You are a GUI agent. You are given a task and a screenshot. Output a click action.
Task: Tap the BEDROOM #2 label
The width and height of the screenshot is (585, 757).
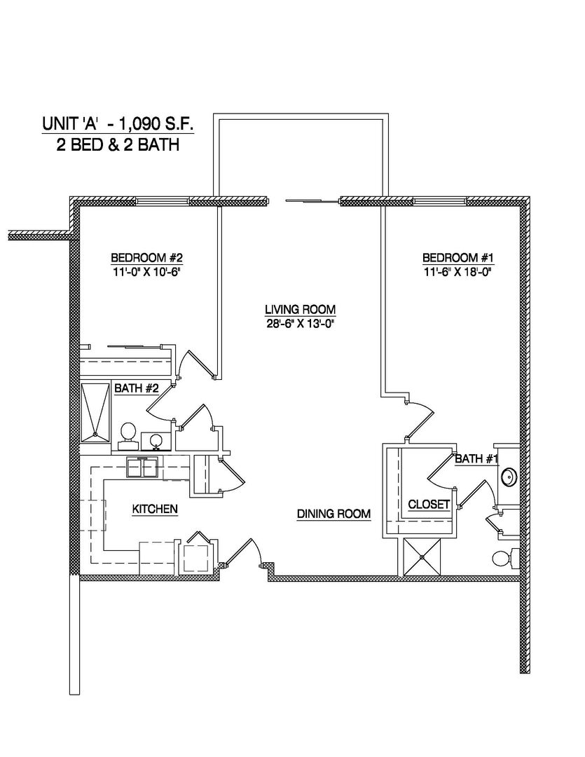click(x=147, y=257)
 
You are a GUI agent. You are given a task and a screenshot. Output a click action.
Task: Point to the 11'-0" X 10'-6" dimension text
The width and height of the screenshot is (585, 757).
click(x=147, y=271)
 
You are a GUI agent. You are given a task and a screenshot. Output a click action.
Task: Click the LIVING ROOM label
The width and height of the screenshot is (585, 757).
click(x=300, y=309)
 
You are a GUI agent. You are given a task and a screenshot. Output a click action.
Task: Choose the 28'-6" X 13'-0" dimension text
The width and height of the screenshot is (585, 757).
click(x=300, y=322)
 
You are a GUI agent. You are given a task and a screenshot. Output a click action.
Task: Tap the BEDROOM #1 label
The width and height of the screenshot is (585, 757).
click(x=455, y=257)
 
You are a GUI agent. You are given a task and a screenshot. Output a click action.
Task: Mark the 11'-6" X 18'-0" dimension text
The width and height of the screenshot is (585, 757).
click(x=455, y=271)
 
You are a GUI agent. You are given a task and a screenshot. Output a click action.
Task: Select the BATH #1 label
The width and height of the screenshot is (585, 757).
click(x=476, y=459)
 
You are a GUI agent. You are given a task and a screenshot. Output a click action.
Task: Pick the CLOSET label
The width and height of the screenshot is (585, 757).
click(x=429, y=504)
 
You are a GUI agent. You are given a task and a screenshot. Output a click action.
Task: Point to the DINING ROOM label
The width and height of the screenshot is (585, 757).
click(x=333, y=514)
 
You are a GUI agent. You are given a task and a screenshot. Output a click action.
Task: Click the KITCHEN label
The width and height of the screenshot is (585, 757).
click(x=155, y=509)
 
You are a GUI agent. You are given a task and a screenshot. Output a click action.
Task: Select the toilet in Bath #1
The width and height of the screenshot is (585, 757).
click(x=502, y=559)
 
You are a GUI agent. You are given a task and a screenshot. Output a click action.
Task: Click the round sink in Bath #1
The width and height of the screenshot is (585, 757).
click(x=508, y=478)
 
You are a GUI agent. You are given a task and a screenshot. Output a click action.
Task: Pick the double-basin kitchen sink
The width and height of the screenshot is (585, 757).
click(x=144, y=467)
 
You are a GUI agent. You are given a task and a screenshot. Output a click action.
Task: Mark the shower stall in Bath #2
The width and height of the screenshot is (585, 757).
click(x=96, y=412)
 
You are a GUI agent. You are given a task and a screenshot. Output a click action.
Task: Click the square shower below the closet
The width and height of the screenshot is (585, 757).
click(x=423, y=557)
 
